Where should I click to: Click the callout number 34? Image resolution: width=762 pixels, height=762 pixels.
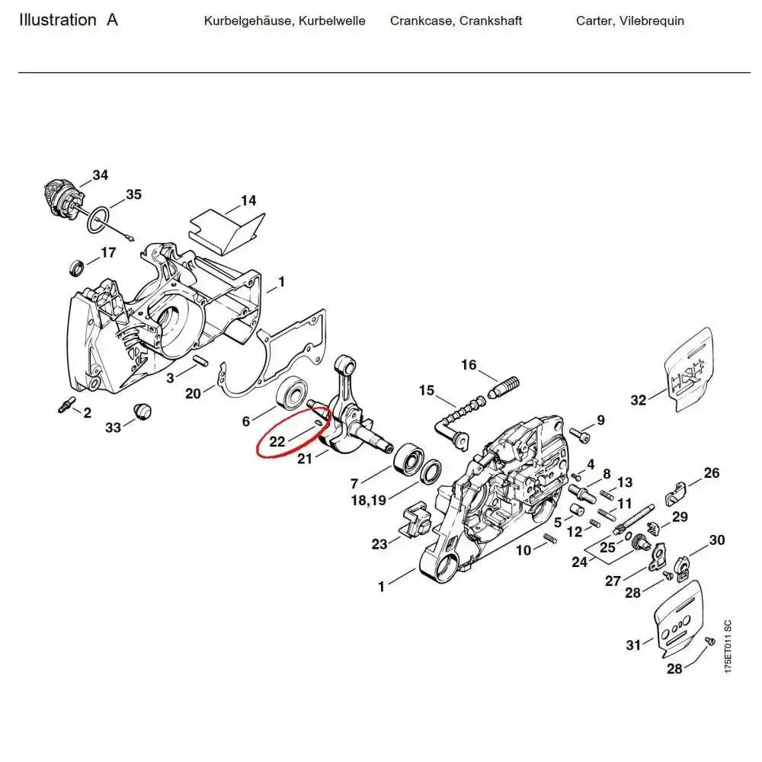tap(101, 175)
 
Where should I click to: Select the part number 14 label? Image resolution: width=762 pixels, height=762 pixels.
tap(248, 201)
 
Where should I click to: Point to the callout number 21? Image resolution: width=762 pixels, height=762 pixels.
tap(305, 459)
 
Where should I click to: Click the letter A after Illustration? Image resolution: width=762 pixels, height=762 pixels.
tap(112, 20)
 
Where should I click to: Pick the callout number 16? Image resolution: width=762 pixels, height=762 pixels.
tap(469, 365)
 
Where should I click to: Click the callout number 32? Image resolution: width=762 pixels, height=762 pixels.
tap(639, 400)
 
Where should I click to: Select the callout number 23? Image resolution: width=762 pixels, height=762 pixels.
tap(379, 543)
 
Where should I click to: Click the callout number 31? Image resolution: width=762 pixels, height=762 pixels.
tap(634, 645)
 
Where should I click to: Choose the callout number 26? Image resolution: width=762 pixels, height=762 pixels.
tap(711, 473)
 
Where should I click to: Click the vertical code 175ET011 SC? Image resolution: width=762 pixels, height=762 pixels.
tap(728, 646)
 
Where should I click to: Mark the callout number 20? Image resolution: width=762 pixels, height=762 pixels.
tap(194, 393)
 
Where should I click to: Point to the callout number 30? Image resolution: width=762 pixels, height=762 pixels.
tap(716, 540)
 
